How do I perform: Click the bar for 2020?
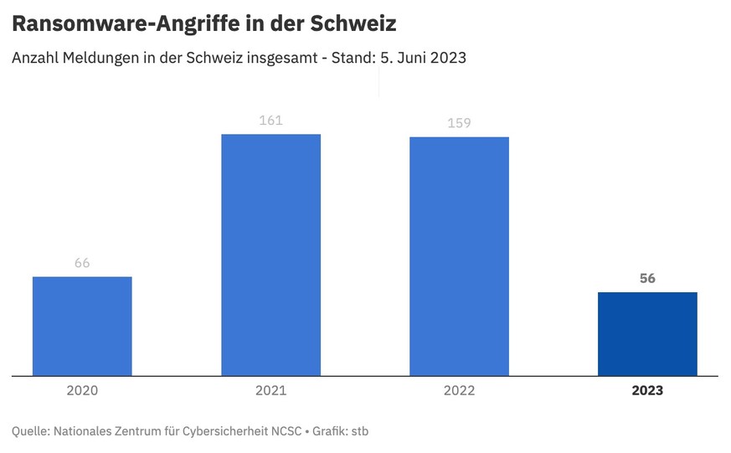pos(82,327)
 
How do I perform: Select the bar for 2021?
pos(270,255)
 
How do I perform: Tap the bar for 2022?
pos(459,256)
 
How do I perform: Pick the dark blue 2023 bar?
pos(647,334)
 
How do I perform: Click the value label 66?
pos(82,263)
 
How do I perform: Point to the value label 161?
pos(270,121)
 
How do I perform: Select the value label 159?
pos(459,123)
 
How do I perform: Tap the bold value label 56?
pos(647,279)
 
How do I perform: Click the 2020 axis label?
pos(82,390)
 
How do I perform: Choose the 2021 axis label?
pos(270,390)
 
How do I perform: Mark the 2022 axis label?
pos(459,390)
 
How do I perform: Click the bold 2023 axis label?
pos(647,390)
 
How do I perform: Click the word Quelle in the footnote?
pos(29,431)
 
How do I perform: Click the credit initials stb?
pos(358,431)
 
